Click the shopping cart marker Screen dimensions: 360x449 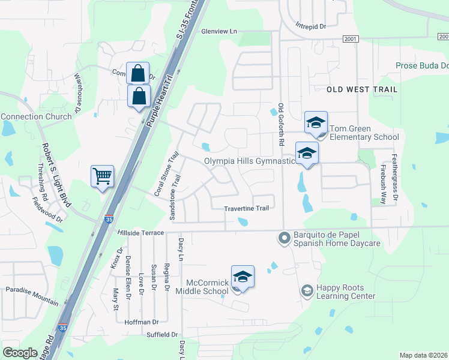[x=103, y=177]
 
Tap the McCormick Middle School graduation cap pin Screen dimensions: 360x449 [x=243, y=277]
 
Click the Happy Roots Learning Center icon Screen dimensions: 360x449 [x=307, y=291]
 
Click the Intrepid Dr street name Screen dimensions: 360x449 [x=310, y=26]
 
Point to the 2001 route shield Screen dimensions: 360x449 [x=351, y=39]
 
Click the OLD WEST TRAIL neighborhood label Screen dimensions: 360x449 [x=362, y=89]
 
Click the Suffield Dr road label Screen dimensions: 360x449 [x=163, y=334]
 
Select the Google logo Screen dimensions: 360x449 [x=20, y=353]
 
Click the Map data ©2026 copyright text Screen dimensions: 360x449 [x=423, y=355]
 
